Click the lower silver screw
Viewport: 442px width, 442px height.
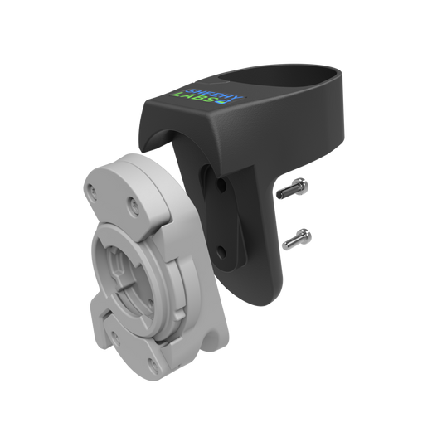tap(296, 241)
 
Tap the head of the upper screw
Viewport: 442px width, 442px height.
tap(305, 187)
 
